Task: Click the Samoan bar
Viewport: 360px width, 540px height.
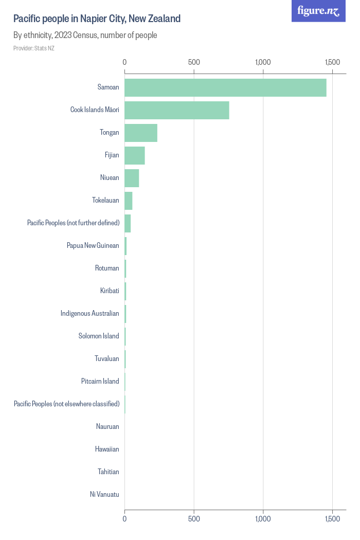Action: (225, 87)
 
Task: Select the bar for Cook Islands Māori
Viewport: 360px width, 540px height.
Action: (177, 110)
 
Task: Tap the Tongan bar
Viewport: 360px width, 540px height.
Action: (141, 133)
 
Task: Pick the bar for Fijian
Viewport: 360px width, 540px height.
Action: (135, 155)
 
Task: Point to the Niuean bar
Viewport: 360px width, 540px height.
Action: (132, 178)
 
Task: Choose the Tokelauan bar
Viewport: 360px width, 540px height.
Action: (129, 201)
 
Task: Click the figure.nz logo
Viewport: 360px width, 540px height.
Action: (319, 11)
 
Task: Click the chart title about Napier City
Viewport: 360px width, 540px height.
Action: (97, 19)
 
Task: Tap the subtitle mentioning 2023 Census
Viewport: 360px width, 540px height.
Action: (85, 35)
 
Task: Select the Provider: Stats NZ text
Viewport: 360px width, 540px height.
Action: (34, 48)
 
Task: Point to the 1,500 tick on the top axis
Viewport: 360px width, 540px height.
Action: (332, 62)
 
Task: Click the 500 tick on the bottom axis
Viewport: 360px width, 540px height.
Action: (194, 519)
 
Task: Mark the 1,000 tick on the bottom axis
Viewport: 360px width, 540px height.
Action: (263, 519)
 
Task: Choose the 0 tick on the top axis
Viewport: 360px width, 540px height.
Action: (125, 62)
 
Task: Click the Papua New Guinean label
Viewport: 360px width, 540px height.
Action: (93, 246)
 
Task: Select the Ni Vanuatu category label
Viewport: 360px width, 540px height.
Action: (104, 495)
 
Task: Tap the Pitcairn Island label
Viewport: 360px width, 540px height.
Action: (100, 382)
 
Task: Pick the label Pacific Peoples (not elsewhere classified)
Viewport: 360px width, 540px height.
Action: (66, 404)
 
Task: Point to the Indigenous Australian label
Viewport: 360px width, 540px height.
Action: (89, 314)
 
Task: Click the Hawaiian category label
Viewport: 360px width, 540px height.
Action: (107, 449)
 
